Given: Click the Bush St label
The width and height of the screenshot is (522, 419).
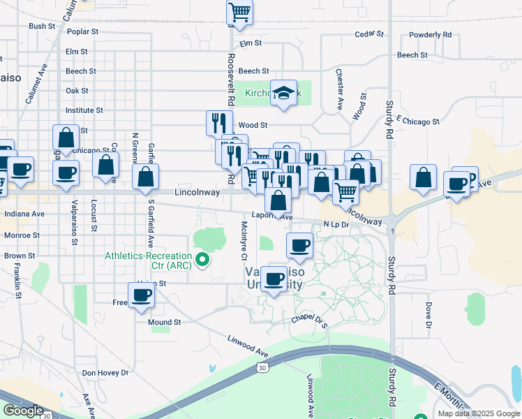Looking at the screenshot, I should pyautogui.click(x=42, y=27).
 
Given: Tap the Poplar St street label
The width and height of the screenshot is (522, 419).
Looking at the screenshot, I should pyautogui.click(x=82, y=32).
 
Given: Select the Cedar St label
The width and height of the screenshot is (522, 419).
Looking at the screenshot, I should pyautogui.click(x=369, y=34).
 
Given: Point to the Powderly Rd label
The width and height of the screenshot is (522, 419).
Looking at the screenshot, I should pyautogui.click(x=430, y=34).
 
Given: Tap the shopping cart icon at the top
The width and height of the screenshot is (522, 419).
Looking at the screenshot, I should pyautogui.click(x=239, y=11).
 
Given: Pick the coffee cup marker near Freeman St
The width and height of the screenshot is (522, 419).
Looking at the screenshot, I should pyautogui.click(x=142, y=295).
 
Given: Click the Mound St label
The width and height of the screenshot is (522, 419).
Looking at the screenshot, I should pyautogui.click(x=164, y=323).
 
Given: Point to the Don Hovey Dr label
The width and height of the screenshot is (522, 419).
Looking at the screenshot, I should pyautogui.click(x=105, y=373).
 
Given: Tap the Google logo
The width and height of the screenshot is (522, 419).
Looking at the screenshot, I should pyautogui.click(x=23, y=411).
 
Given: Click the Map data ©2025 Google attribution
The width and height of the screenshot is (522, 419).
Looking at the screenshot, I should pyautogui.click(x=478, y=413).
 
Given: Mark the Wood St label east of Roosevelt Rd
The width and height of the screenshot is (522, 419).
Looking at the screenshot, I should pyautogui.click(x=253, y=125).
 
